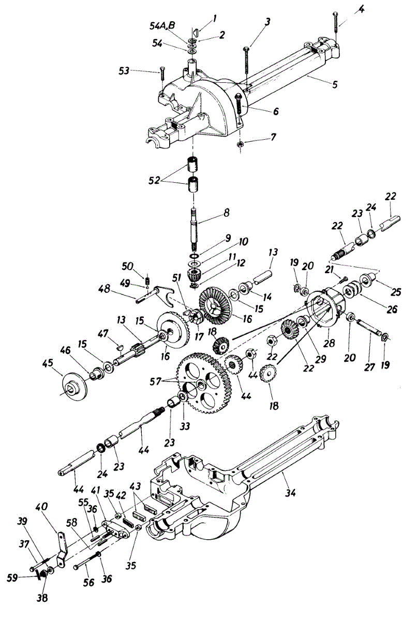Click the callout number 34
tap(290, 493)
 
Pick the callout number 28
tap(330, 343)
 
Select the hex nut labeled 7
tap(241, 143)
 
